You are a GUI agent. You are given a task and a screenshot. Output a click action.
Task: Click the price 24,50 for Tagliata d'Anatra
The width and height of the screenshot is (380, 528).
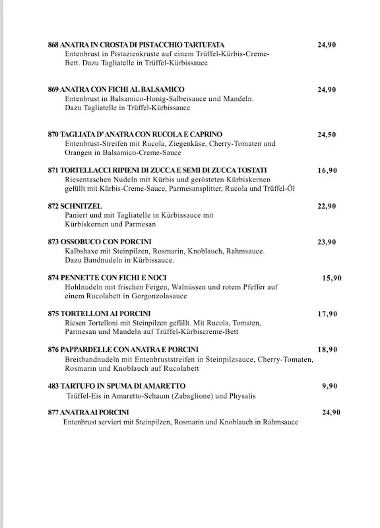327,135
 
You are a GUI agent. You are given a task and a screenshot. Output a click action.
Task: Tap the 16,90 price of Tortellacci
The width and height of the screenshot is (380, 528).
327,170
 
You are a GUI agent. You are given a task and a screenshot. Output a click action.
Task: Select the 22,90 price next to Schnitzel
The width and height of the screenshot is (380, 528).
327,207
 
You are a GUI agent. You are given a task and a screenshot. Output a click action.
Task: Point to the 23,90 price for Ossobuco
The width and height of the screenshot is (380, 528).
327,242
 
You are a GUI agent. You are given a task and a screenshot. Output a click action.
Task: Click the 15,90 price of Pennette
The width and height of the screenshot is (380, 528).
332,279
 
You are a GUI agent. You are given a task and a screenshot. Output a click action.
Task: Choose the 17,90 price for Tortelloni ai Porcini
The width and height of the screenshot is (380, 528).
327,314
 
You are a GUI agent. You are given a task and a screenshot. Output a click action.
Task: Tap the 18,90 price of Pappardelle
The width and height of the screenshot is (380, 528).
327,350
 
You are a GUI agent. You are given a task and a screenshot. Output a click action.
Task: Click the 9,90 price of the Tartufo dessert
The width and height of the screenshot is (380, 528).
330,385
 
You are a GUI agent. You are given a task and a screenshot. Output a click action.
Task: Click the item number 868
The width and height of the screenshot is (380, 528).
53,45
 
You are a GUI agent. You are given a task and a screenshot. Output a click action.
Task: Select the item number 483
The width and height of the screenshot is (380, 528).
53,385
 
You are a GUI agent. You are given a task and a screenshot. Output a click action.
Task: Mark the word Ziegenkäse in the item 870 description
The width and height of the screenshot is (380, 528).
176,143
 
